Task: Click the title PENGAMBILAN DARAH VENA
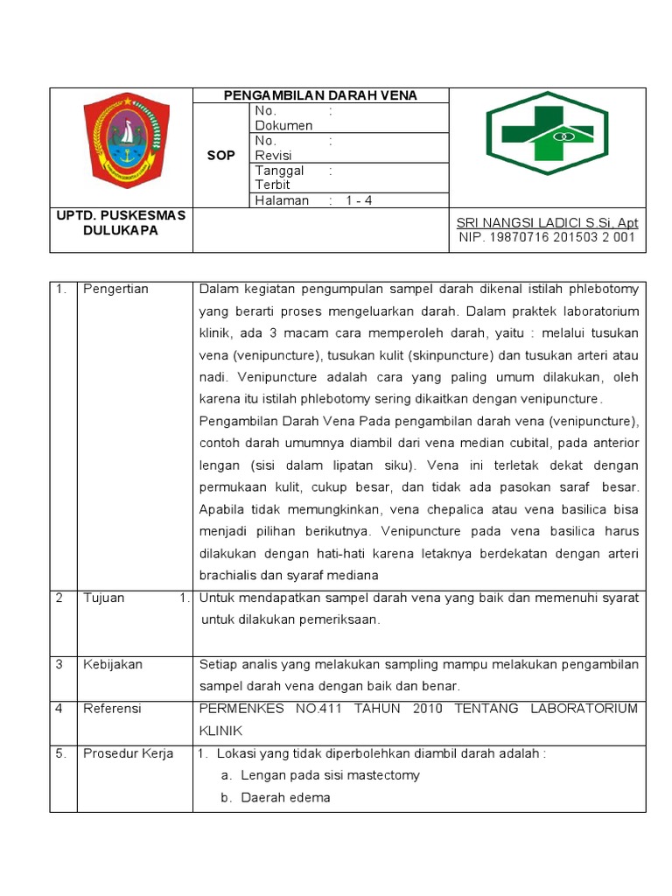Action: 320,95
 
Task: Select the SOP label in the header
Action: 220,155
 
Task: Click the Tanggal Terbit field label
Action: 279,178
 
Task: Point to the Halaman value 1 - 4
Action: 359,200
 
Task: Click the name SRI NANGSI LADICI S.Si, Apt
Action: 547,223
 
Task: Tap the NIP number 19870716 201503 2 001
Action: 547,238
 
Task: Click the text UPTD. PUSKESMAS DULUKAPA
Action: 121,223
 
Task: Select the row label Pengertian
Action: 116,289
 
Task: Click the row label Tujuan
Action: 104,598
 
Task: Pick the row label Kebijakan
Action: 113,664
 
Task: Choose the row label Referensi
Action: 112,708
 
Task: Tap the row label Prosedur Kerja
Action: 128,753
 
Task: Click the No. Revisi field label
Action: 273,148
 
